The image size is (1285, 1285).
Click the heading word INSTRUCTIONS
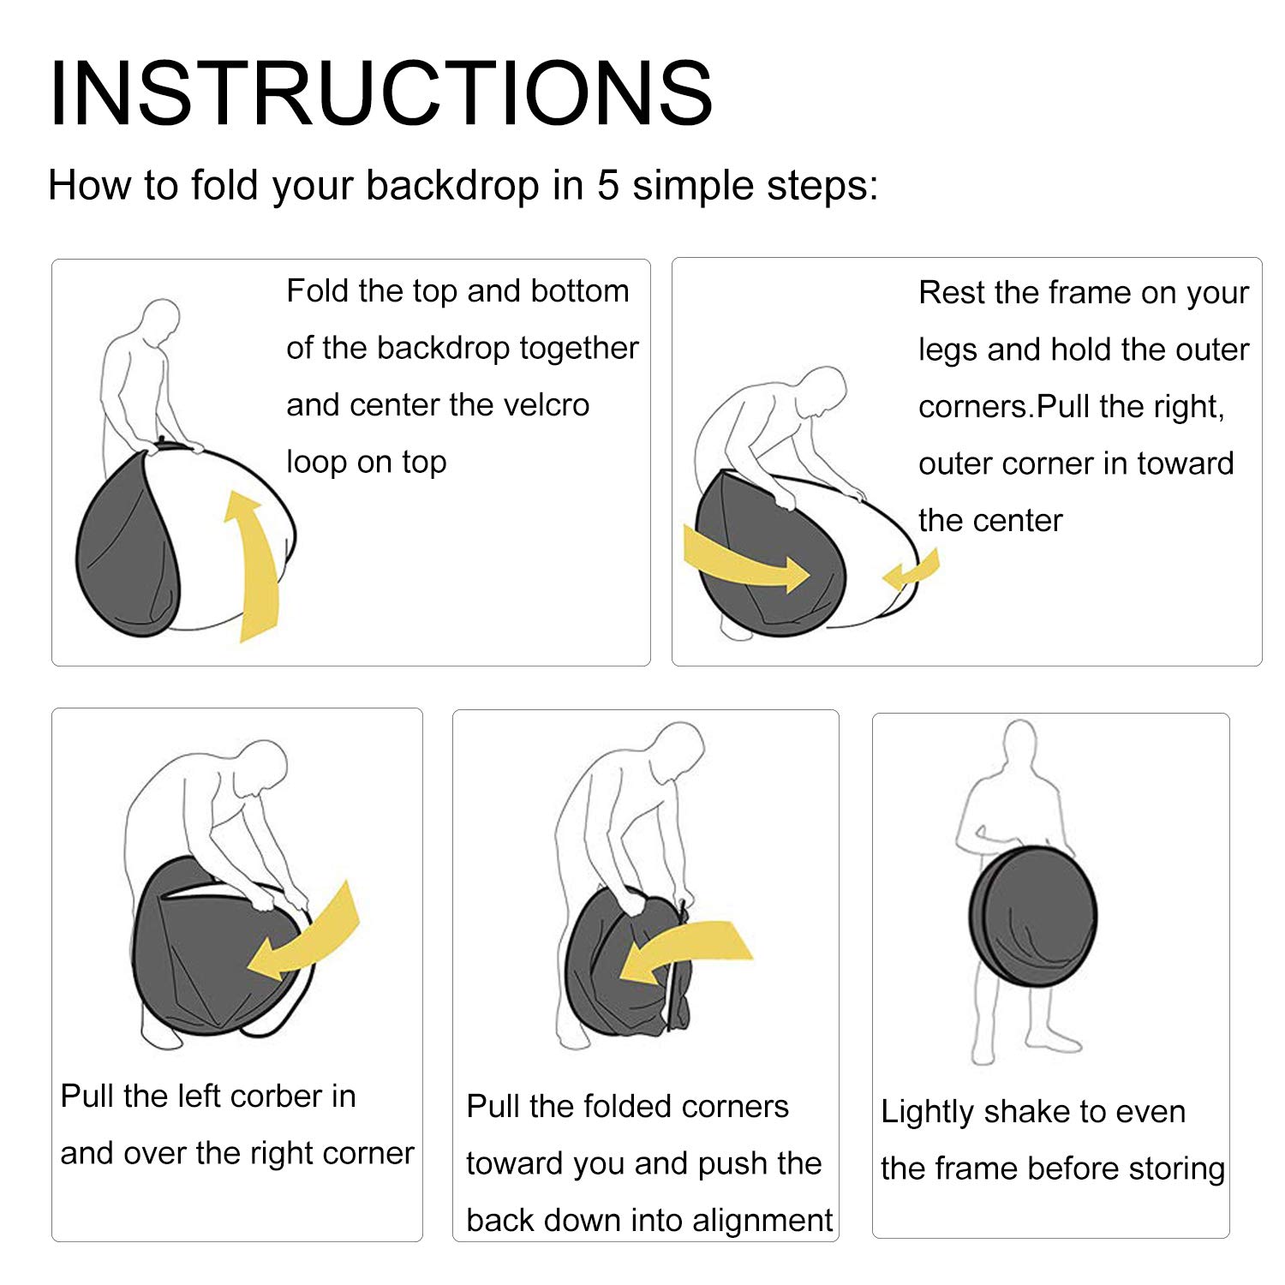click(381, 93)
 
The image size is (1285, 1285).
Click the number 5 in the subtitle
click(607, 185)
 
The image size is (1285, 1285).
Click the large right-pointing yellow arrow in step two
click(744, 561)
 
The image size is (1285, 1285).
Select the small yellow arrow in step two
click(911, 571)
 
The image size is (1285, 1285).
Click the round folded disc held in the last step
click(1033, 916)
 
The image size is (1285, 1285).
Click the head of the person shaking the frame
click(1019, 745)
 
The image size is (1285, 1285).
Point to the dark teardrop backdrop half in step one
click(128, 548)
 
